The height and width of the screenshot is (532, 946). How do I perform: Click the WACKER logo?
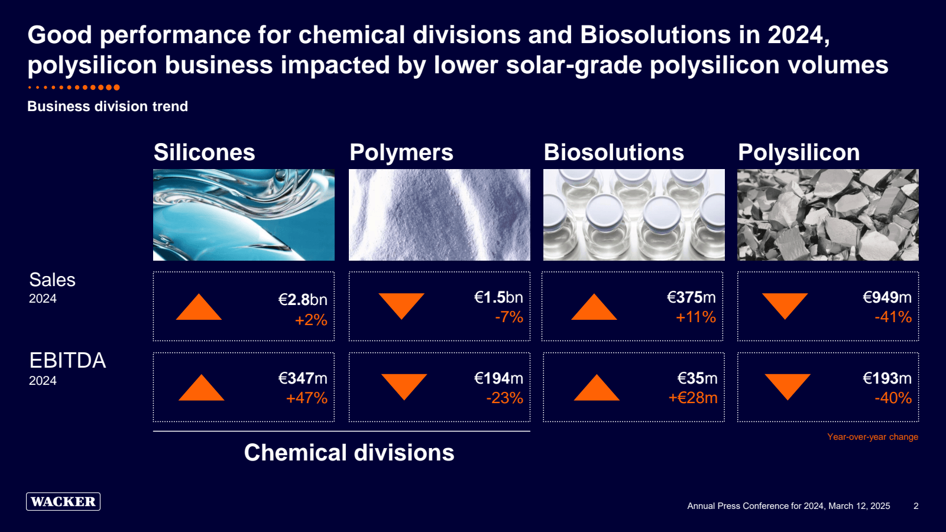click(63, 501)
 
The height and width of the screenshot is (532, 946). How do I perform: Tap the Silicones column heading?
click(205, 152)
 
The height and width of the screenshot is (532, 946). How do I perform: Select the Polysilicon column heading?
click(799, 153)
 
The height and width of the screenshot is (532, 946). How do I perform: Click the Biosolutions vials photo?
click(634, 215)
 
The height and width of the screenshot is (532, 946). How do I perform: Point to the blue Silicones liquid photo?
click(244, 215)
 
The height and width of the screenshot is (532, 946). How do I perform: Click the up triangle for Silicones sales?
click(199, 307)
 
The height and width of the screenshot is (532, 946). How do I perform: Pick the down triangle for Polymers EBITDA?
click(404, 387)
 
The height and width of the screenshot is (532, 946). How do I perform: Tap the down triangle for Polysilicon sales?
click(785, 306)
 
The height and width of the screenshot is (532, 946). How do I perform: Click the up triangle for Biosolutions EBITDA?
click(597, 387)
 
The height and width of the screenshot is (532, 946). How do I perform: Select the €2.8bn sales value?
click(303, 299)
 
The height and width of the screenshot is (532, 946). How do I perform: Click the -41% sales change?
click(893, 317)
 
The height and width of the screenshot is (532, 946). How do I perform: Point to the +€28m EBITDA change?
click(693, 398)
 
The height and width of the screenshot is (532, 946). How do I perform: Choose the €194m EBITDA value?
click(498, 378)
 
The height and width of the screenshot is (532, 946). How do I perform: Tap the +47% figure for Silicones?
click(307, 398)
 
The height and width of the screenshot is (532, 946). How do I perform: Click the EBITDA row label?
click(67, 360)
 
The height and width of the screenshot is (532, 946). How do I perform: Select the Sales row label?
click(53, 280)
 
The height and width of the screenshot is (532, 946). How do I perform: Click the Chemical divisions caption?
click(349, 452)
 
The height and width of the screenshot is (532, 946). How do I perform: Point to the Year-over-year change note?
click(873, 437)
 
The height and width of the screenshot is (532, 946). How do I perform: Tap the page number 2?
click(916, 506)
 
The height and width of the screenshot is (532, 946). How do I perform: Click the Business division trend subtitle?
click(108, 106)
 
